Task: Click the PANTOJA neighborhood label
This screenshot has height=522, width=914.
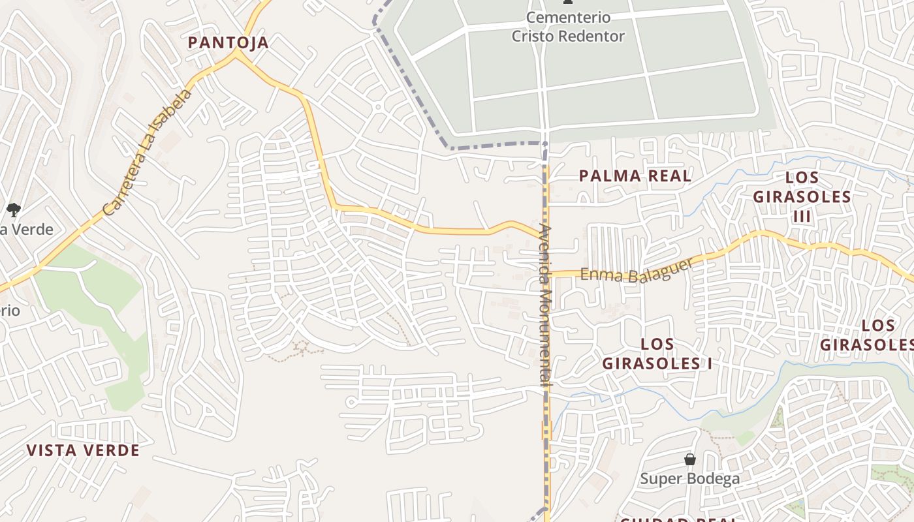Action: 228,43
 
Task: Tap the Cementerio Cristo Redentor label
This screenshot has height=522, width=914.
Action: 567,27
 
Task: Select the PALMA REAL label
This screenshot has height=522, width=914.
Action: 635,176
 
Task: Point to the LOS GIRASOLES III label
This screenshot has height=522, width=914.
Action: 802,196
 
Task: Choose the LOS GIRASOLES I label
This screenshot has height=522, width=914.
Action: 657,354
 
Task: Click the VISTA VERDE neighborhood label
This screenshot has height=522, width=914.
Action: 83,450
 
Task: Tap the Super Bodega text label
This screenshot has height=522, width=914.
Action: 689,478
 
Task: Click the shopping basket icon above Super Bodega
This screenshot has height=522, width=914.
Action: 690,460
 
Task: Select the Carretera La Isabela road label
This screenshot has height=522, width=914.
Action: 149,153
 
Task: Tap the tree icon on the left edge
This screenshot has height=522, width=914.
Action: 13,209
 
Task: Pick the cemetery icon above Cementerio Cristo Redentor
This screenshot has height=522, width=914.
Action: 567,3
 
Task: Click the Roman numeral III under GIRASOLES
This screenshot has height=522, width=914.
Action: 801,217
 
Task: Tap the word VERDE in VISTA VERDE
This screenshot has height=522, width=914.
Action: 112,450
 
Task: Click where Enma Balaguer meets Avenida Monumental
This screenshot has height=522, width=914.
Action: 547,274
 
